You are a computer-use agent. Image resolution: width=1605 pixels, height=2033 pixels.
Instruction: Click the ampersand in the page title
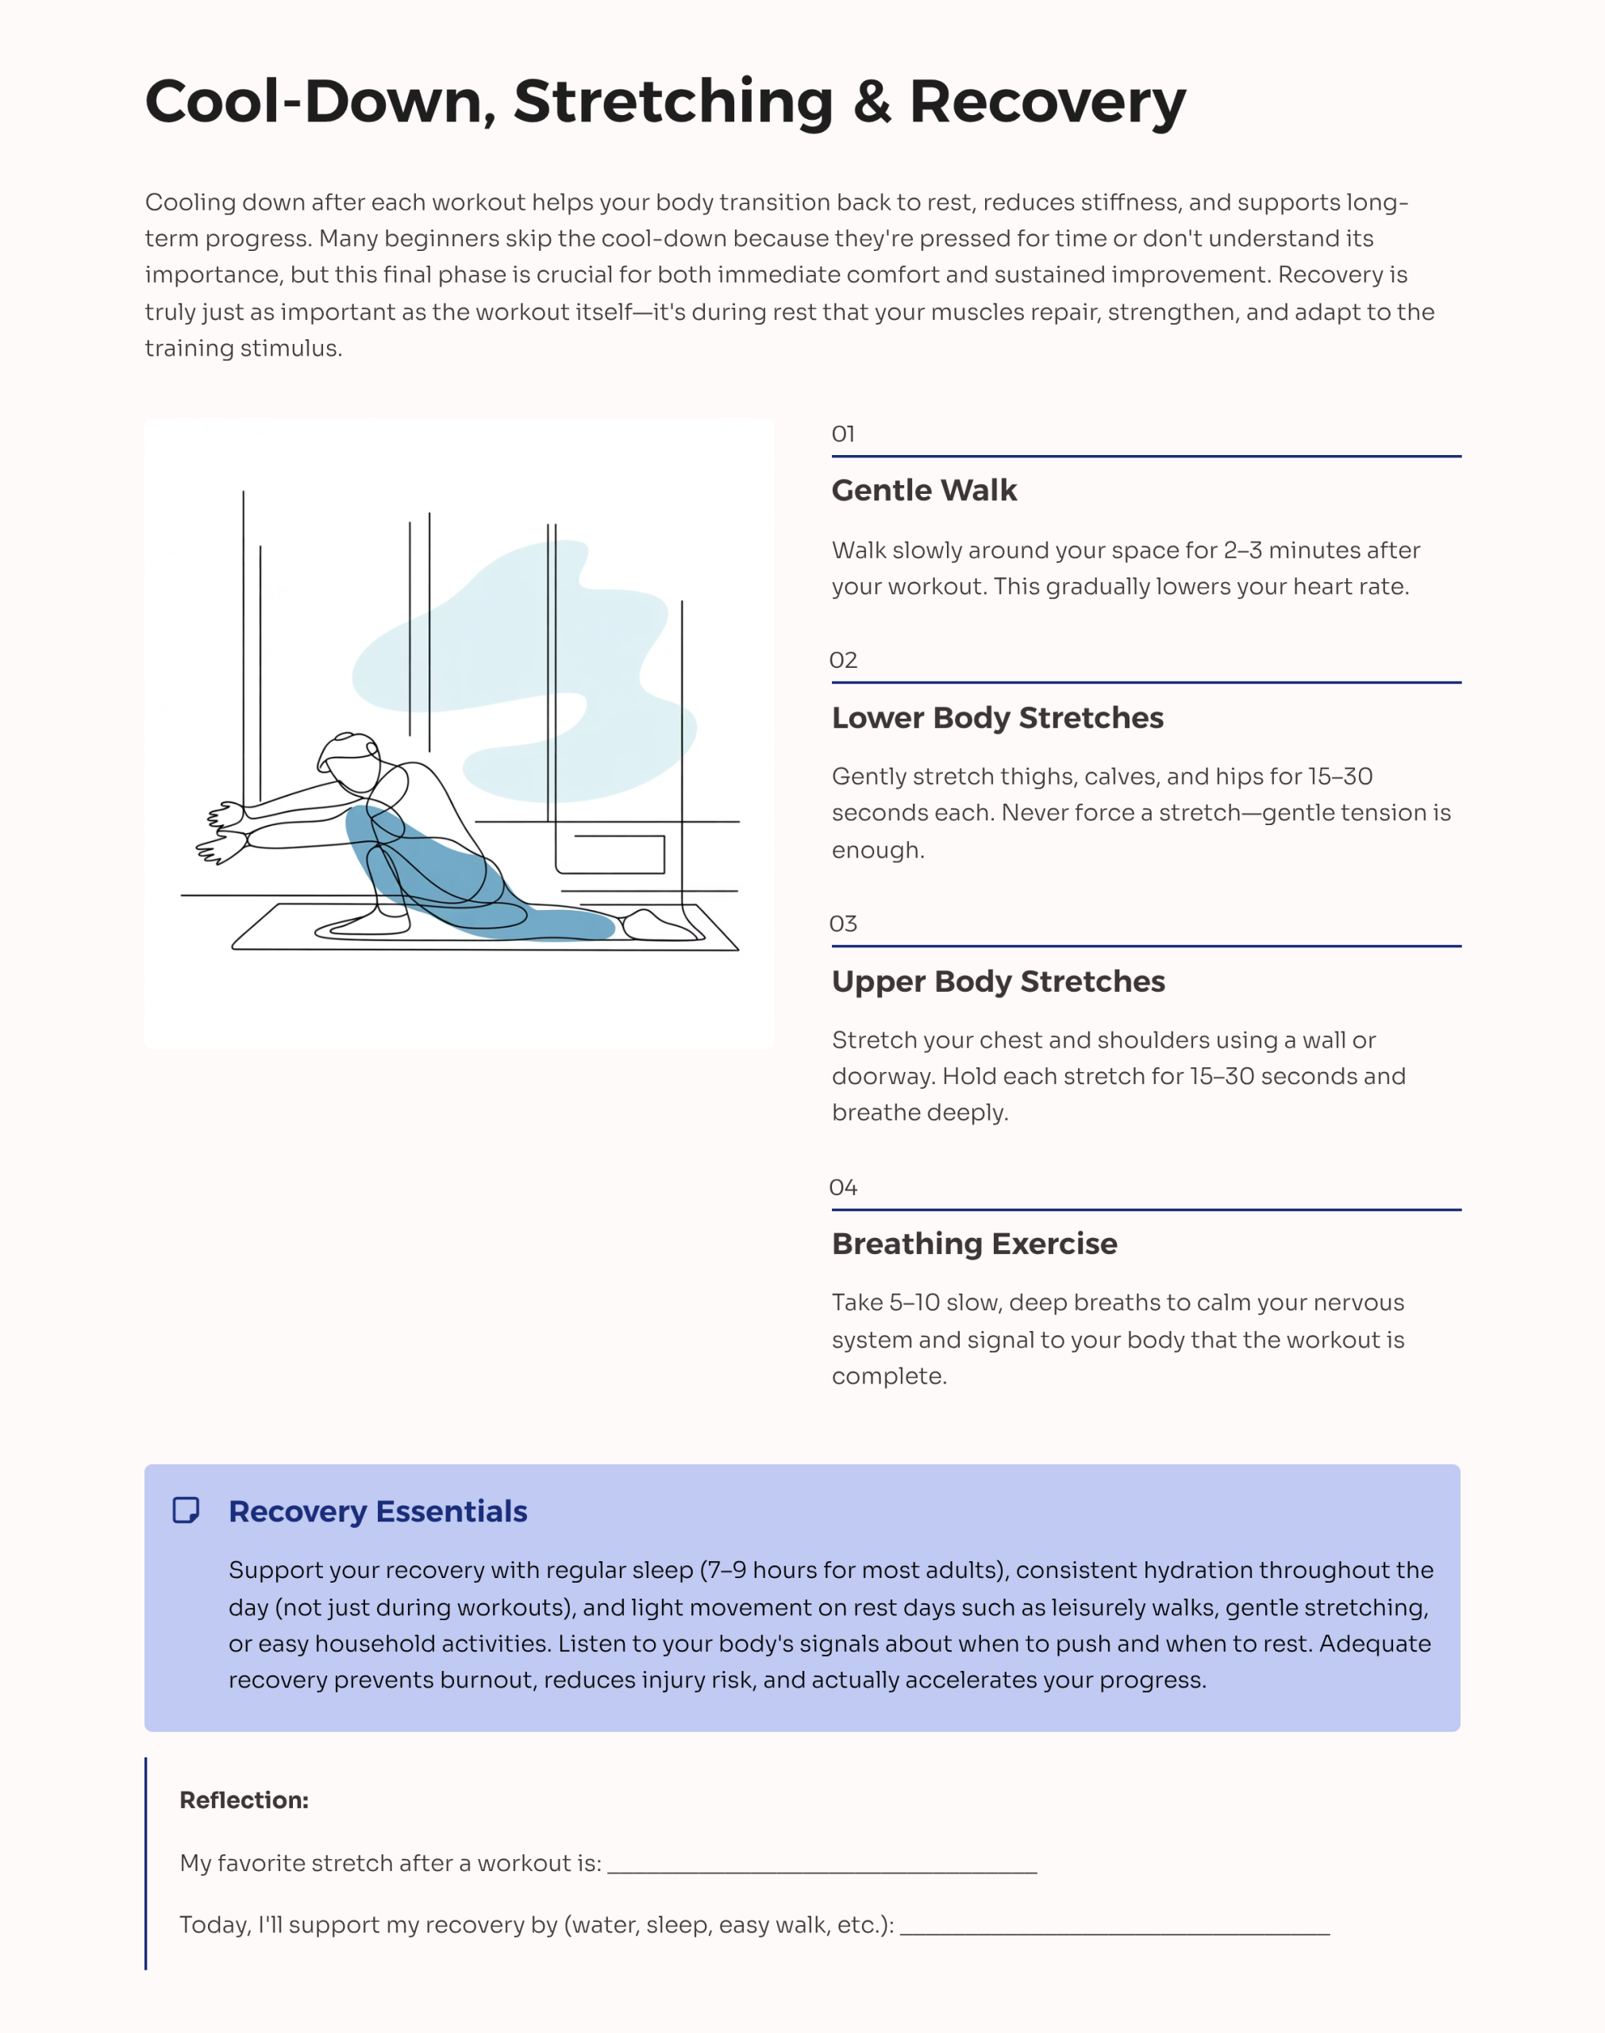pos(872,102)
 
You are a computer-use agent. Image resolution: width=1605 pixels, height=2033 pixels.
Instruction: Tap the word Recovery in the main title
pos(1047,102)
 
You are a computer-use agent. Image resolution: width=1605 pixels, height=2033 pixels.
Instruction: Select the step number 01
pos(843,434)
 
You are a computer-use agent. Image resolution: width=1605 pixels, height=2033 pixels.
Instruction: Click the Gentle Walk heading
pos(924,491)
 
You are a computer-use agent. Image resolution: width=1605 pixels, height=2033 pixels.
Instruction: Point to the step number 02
pos(843,660)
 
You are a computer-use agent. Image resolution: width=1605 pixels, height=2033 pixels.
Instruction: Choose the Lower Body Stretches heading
pos(997,717)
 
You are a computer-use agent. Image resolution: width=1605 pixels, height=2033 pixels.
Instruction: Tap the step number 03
pos(843,924)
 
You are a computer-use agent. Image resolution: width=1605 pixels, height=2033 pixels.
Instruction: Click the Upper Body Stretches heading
pos(998,982)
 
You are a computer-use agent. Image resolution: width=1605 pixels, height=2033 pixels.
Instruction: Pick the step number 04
pos(843,1187)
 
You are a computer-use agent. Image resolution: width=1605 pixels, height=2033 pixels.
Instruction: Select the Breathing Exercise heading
pos(975,1244)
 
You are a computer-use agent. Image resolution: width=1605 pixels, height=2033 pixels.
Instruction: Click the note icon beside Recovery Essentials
pos(186,1510)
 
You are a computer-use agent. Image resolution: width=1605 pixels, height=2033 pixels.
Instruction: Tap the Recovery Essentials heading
pos(378,1511)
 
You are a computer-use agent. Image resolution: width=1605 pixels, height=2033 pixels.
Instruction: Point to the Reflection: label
pos(244,1800)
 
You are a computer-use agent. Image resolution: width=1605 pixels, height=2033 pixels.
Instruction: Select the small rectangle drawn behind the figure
pos(619,854)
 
